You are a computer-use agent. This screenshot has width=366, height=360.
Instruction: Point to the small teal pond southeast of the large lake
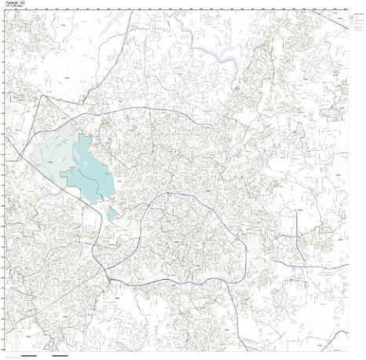tap(112, 214)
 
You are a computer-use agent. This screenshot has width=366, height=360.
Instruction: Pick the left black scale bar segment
tap(35, 354)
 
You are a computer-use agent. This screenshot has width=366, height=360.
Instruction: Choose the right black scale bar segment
tap(60, 354)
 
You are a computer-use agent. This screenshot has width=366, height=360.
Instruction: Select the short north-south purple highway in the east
tap(297, 244)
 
